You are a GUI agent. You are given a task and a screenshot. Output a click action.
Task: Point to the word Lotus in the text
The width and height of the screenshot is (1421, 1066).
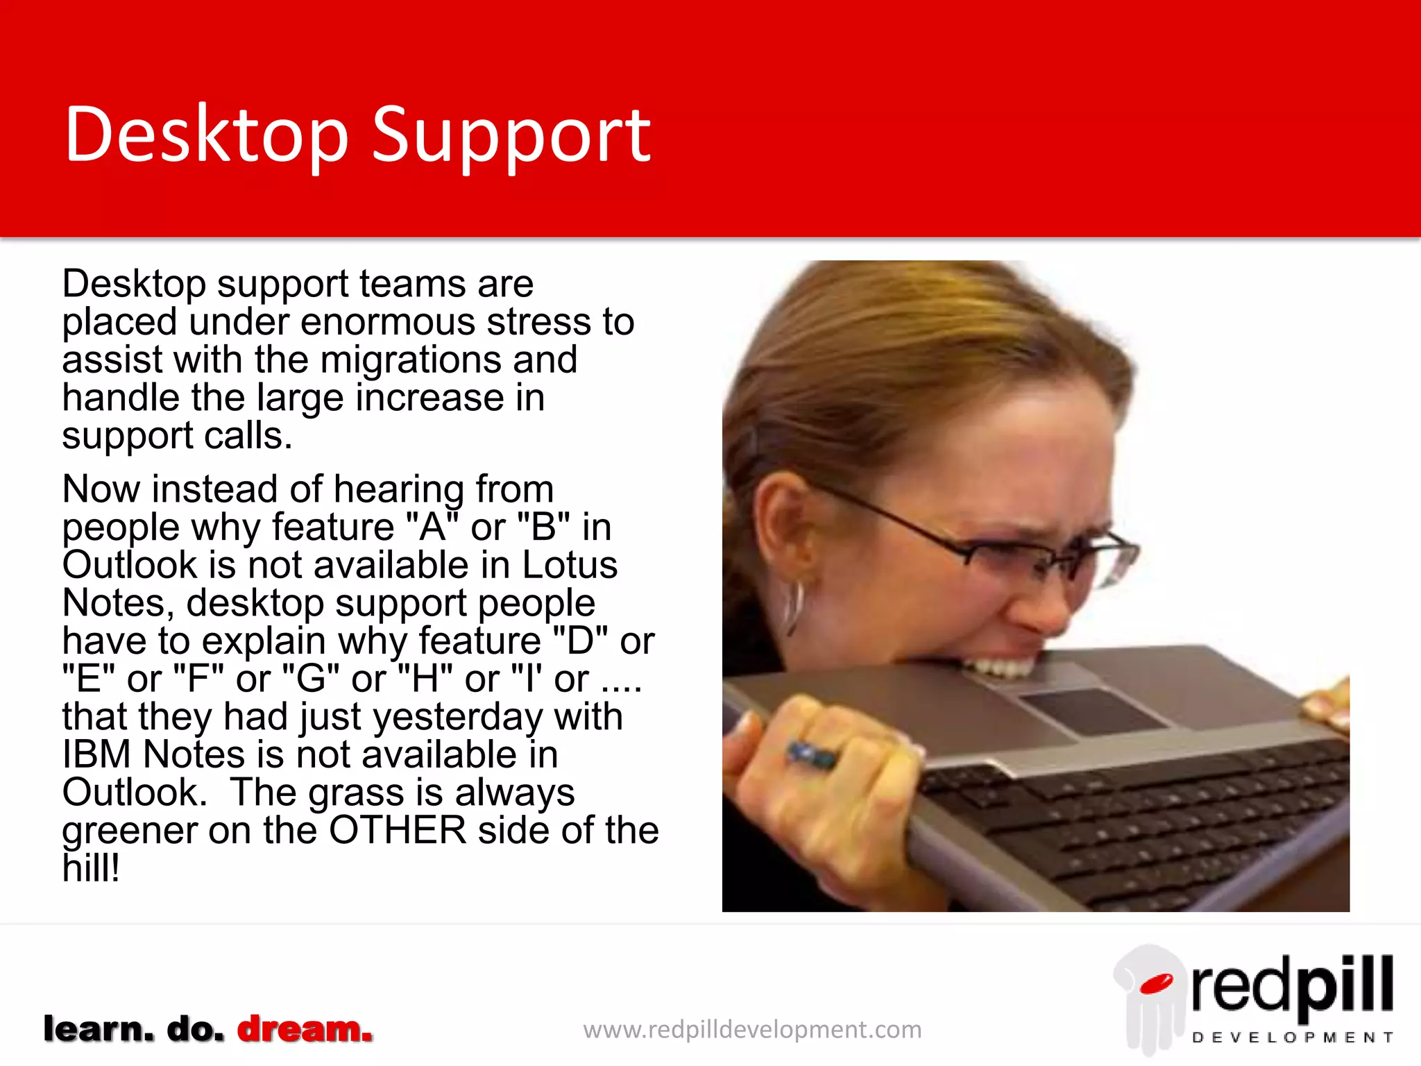pyautogui.click(x=569, y=565)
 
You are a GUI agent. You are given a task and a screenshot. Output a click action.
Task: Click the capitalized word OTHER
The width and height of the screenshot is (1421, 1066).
pyautogui.click(x=398, y=831)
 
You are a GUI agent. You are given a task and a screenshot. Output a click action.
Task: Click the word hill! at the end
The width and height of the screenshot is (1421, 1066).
pyautogui.click(x=91, y=868)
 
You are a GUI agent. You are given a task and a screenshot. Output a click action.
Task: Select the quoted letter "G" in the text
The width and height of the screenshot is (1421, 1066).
pyautogui.click(x=312, y=679)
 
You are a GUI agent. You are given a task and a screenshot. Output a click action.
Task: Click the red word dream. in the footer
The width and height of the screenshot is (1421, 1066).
pyautogui.click(x=305, y=1029)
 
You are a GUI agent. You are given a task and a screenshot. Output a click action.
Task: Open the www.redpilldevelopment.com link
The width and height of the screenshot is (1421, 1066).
pyautogui.click(x=752, y=1029)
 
